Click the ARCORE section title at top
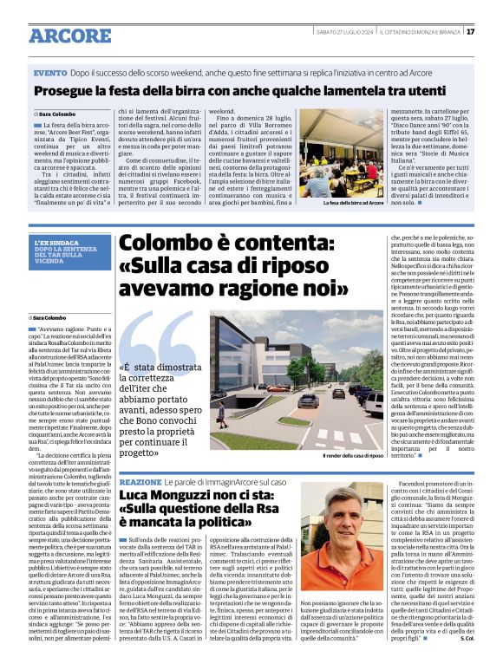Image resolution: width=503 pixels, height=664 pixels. click(x=71, y=36)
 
